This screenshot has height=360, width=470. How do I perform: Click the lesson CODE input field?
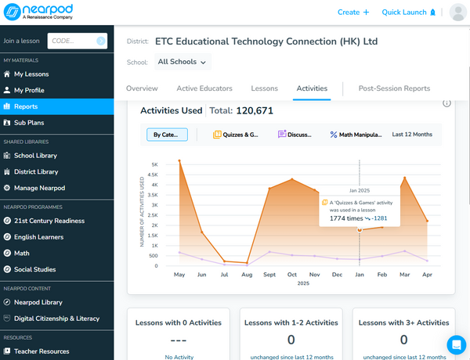pyautogui.click(x=77, y=41)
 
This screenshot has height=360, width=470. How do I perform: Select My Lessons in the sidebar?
pyautogui.click(x=31, y=74)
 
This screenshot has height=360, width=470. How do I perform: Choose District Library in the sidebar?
pyautogui.click(x=35, y=171)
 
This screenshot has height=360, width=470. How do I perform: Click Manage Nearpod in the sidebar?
pyautogui.click(x=38, y=188)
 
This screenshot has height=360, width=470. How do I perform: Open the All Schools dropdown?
pyautogui.click(x=182, y=62)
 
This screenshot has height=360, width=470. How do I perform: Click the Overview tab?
pyautogui.click(x=142, y=88)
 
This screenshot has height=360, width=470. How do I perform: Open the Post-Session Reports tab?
pyautogui.click(x=394, y=88)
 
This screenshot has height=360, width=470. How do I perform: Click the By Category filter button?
pyautogui.click(x=166, y=135)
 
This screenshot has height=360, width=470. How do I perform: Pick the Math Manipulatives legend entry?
pyautogui.click(x=356, y=135)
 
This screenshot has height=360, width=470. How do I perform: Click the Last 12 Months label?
pyautogui.click(x=412, y=135)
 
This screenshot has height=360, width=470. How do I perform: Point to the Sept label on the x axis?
pyautogui.click(x=269, y=275)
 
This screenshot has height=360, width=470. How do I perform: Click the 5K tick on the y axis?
pyautogui.click(x=154, y=164)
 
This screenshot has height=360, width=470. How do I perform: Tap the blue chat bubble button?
pyautogui.click(x=456, y=344)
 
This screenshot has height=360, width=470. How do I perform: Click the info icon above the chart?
pyautogui.click(x=446, y=103)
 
